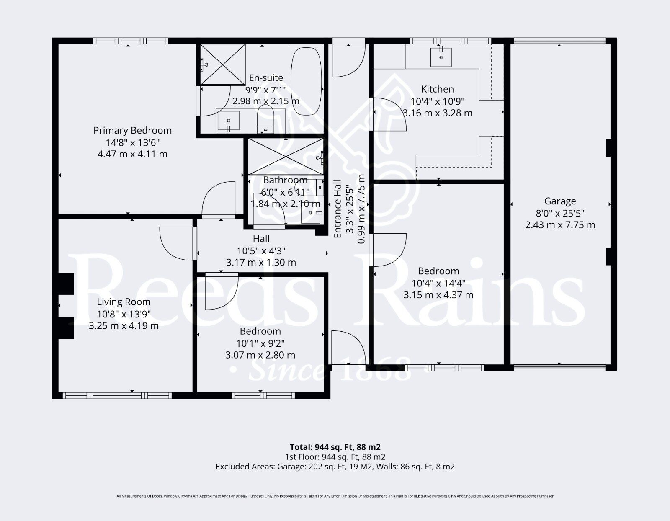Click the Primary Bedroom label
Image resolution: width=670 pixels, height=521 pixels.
tap(132, 130)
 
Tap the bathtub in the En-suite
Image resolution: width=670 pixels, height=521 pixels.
tap(306, 82)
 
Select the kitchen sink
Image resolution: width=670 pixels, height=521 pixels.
tap(441, 57)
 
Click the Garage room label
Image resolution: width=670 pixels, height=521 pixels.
tap(560, 201)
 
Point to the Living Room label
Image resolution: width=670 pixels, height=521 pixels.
tap(124, 302)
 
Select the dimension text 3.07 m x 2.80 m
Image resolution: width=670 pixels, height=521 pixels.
tap(260, 355)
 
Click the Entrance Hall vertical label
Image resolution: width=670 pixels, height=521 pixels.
tap(338, 209)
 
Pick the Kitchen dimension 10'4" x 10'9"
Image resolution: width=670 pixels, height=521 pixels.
tap(437, 101)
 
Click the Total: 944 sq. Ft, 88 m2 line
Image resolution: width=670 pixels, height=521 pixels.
tap(335, 447)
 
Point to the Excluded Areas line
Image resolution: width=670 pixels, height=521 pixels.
tap(335, 467)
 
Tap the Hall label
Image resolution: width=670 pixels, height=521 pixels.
tap(261, 239)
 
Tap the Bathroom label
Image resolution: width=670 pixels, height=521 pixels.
tap(285, 180)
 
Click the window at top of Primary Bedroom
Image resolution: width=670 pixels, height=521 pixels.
tap(130, 41)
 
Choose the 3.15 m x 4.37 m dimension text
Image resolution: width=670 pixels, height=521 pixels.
tap(438, 295)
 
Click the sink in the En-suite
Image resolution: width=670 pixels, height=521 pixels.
tap(228, 121)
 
